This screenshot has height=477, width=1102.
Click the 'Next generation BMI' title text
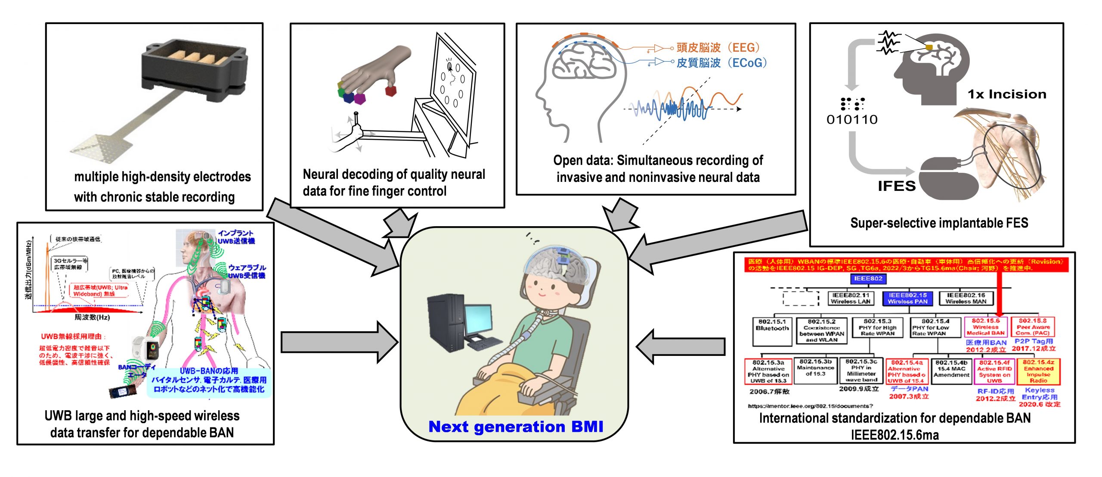click(516, 427)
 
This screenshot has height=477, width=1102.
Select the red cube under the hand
click(390, 90)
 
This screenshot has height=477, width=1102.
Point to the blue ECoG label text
click(721, 63)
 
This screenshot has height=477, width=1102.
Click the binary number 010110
click(852, 119)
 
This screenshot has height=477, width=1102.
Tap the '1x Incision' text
click(1007, 94)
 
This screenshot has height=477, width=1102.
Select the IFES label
click(897, 186)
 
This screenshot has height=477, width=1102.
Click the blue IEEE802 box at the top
click(868, 279)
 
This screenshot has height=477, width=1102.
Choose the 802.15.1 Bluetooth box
click(772, 331)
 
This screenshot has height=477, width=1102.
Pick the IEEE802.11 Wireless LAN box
click(850, 298)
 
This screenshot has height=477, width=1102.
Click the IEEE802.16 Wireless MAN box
click(966, 298)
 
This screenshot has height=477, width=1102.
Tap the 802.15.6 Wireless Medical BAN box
click(985, 327)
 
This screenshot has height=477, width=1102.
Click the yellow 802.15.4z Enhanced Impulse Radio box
click(1038, 372)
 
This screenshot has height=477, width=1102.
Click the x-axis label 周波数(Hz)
click(92, 317)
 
